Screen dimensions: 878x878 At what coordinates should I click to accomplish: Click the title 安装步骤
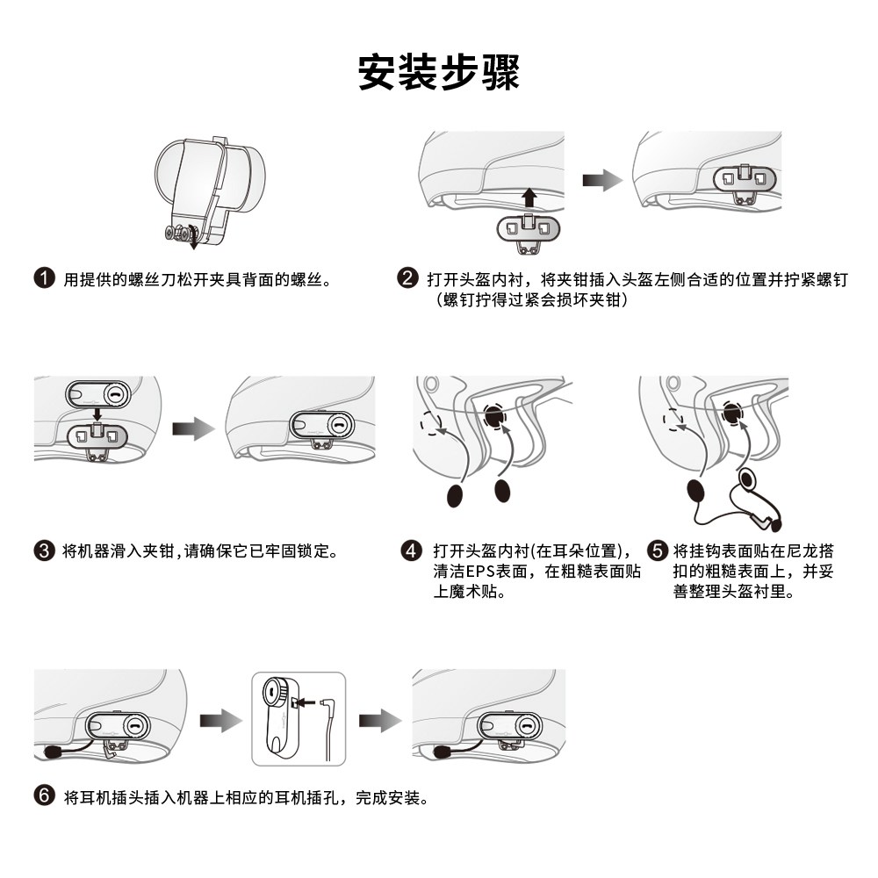[x=439, y=72]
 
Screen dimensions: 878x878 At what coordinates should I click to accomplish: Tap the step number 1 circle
[x=44, y=279]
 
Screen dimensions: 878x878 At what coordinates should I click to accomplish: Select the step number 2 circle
[x=407, y=279]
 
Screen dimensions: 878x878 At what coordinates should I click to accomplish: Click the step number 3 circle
[x=44, y=551]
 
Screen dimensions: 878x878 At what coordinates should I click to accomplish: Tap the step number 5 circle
[x=658, y=551]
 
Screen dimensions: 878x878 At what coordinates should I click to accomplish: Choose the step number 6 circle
[x=44, y=796]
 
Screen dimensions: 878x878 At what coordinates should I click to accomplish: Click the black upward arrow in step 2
[x=529, y=195]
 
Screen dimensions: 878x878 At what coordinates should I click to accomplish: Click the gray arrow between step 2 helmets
[x=602, y=181]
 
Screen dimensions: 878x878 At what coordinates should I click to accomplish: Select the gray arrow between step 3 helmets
[x=193, y=428]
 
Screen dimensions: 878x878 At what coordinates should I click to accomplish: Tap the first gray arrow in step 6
[x=220, y=721]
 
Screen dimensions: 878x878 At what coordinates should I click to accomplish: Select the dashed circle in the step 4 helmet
[x=431, y=423]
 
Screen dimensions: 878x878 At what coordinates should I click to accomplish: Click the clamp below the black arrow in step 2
[x=528, y=230]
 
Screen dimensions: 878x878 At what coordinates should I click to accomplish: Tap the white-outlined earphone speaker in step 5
[x=749, y=480]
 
